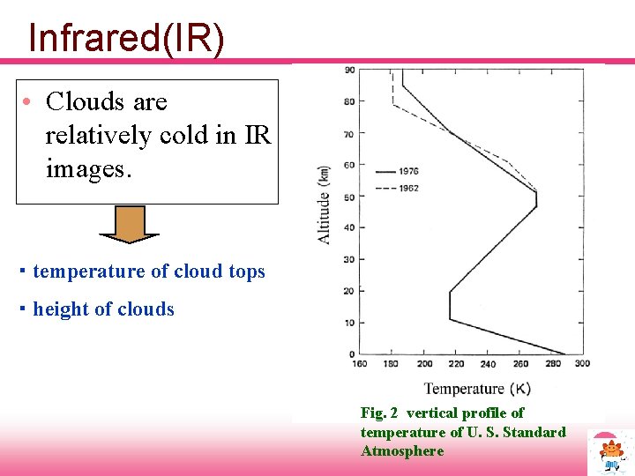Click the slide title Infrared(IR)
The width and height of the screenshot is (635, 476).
tap(126, 37)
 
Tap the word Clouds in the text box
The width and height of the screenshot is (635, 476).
tap(84, 102)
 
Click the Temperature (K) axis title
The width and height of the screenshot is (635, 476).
tap(477, 389)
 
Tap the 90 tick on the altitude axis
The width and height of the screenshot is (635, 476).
tap(349, 70)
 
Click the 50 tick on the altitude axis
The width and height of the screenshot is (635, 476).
tap(349, 196)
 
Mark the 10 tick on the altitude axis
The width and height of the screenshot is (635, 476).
tap(349, 323)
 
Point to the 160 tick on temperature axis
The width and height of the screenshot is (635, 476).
tap(360, 363)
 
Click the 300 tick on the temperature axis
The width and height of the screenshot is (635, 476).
tap(581, 363)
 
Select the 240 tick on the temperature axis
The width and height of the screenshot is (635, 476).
tap(487, 363)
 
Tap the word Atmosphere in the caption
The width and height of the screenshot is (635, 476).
tap(402, 451)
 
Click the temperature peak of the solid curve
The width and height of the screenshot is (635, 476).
tap(535, 199)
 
